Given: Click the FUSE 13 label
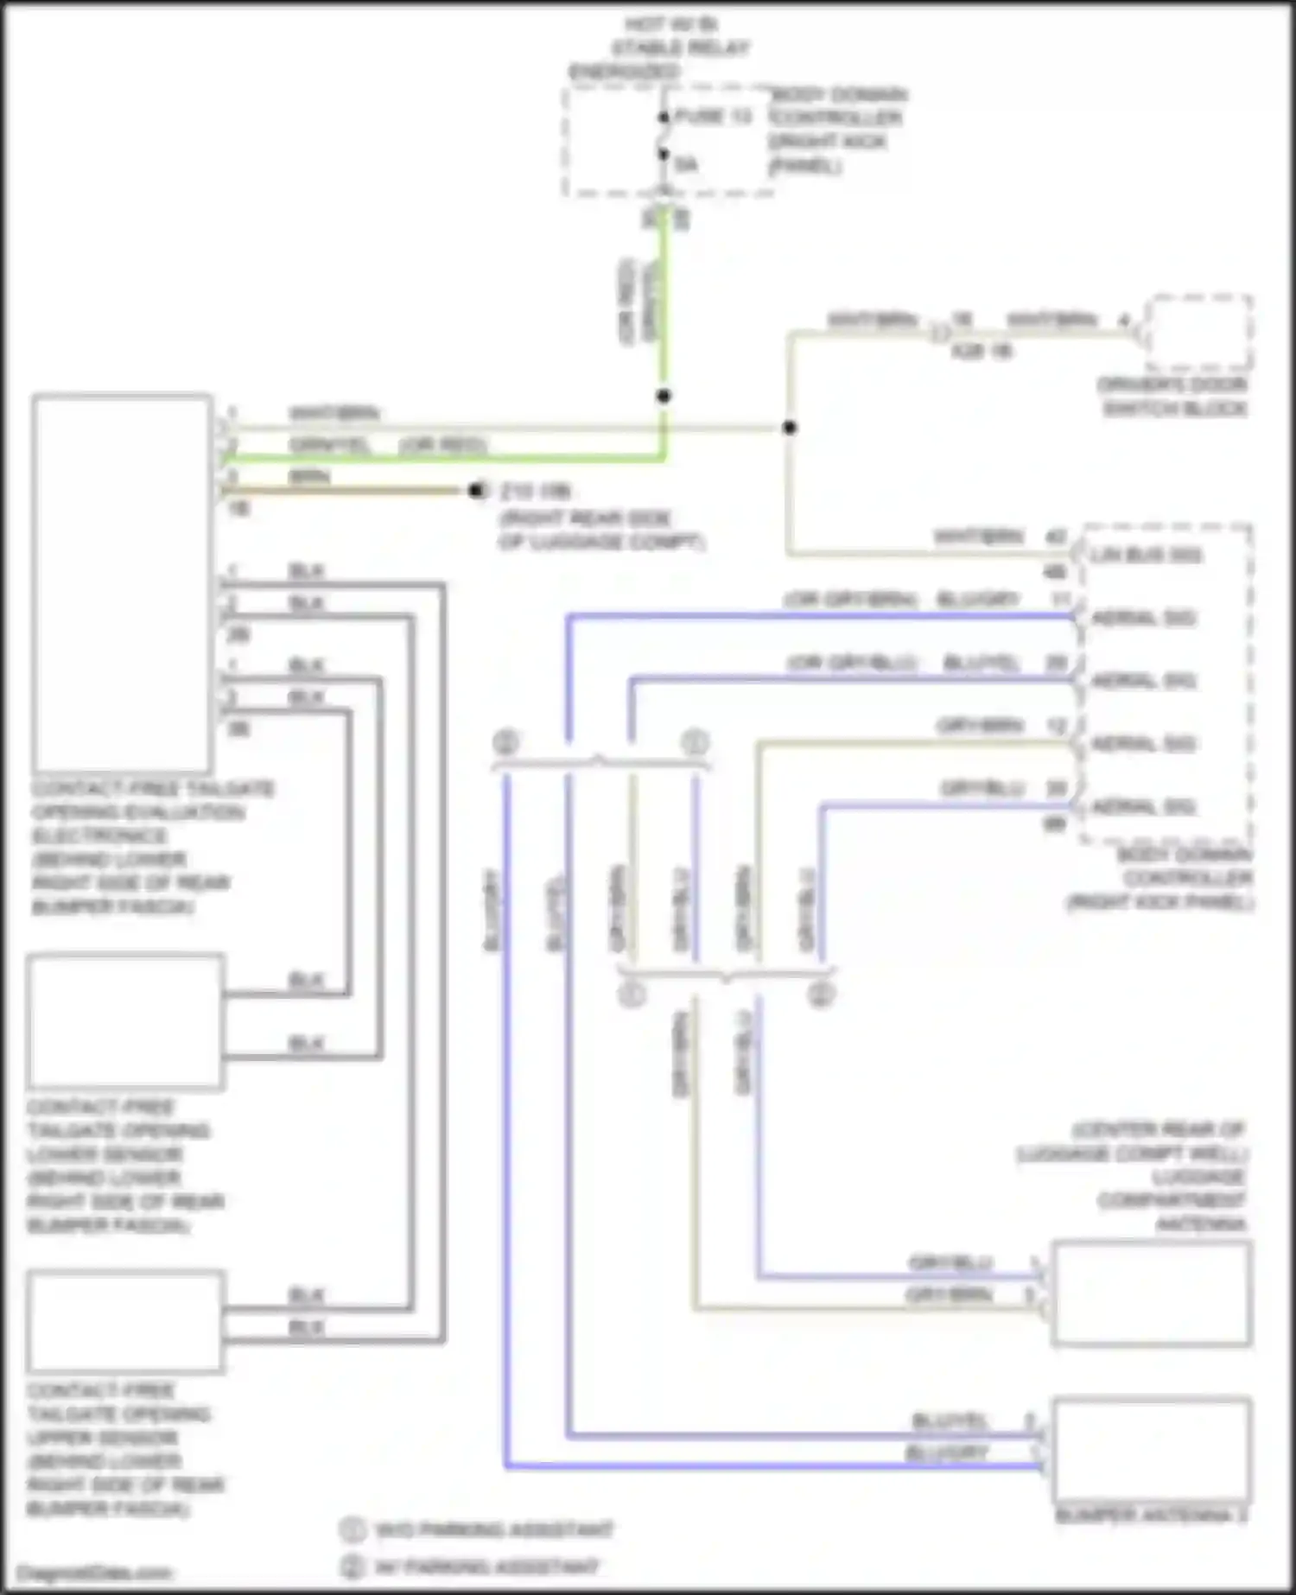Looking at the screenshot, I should pos(713,117).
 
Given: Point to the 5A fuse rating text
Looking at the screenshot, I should pos(686,164).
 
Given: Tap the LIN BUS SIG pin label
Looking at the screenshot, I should pos(1145,555).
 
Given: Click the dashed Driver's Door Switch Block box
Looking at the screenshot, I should pos(1199,334).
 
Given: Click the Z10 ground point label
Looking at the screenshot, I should pos(536,492).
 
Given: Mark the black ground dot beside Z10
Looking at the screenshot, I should pos(476,491).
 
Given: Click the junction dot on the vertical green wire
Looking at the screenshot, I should pos(664,397).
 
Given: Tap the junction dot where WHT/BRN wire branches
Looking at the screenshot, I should pos(789,428).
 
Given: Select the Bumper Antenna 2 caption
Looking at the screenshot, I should pos(1152,1516).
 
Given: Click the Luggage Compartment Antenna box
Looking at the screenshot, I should pos(1152,1293).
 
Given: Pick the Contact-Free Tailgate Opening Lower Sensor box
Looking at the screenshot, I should pos(126,1022).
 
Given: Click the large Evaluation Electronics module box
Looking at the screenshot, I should pos(123,583).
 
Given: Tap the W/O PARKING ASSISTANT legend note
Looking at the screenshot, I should pos(492,1530).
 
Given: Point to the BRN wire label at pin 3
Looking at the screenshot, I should pos(308,477).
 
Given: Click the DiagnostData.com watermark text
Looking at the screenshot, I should pos(95,1573).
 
